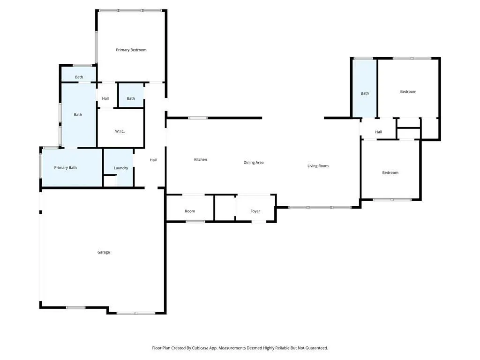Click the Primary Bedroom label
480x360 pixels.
131,50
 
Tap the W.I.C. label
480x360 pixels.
120,131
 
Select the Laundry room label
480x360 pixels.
121,168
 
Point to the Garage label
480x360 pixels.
104,252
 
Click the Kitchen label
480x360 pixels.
201,159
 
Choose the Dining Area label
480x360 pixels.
254,163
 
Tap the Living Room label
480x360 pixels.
318,166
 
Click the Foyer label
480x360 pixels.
255,211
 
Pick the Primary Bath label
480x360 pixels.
66,168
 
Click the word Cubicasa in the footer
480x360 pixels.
201,348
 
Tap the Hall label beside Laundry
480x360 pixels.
153,160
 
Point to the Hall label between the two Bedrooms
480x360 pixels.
379,132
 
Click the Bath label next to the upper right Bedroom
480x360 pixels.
365,93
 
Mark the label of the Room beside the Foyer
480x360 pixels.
190,211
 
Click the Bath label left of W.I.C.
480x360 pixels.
78,115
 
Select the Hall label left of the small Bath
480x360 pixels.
105,98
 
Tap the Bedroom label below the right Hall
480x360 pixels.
390,172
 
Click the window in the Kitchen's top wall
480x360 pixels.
198,118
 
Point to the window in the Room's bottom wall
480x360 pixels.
195,222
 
